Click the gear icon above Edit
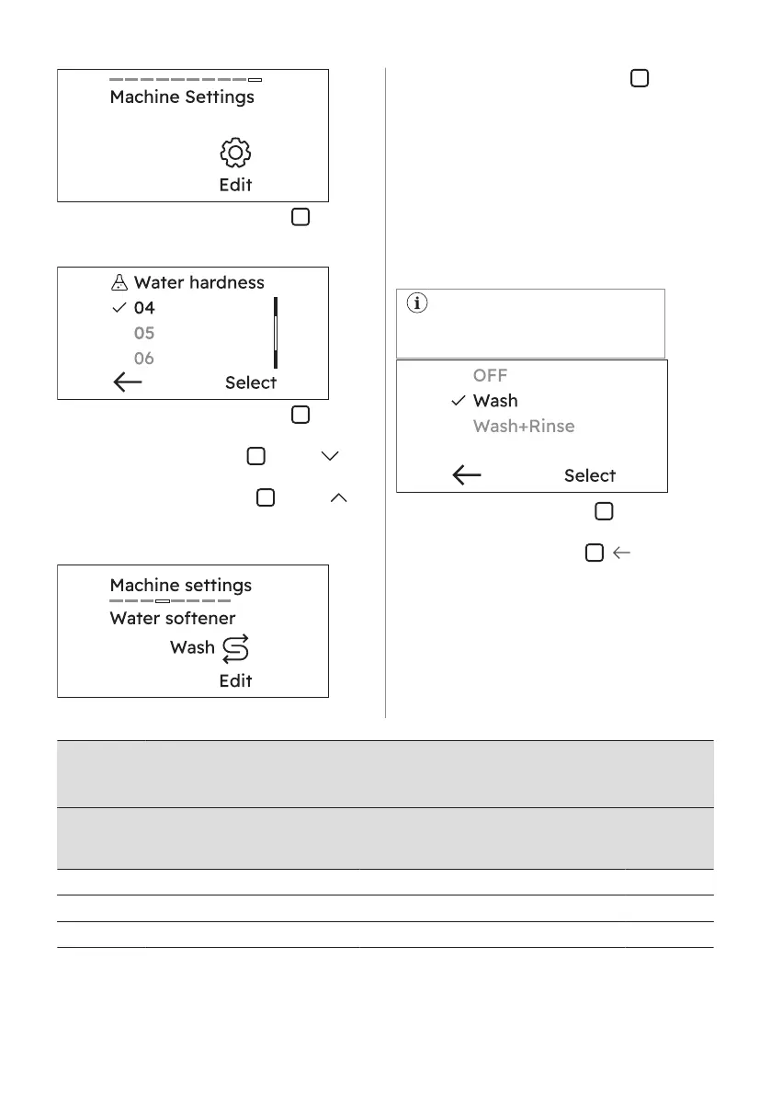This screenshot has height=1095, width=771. click(235, 153)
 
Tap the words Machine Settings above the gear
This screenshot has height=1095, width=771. click(182, 97)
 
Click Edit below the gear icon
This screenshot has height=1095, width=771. click(235, 185)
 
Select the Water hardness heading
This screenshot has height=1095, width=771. click(198, 283)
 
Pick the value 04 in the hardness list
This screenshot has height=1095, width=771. click(144, 309)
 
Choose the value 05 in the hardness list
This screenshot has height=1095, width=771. click(144, 334)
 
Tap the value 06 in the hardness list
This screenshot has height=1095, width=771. click(144, 359)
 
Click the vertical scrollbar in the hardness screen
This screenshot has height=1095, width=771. click(275, 332)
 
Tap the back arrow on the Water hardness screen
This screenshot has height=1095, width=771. click(128, 382)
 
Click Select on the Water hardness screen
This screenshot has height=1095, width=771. click(251, 382)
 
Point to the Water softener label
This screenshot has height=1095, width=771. click(172, 618)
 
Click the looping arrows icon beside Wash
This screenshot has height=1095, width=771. click(235, 649)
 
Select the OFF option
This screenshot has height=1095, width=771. click(490, 375)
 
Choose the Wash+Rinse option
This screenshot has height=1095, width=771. click(524, 427)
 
